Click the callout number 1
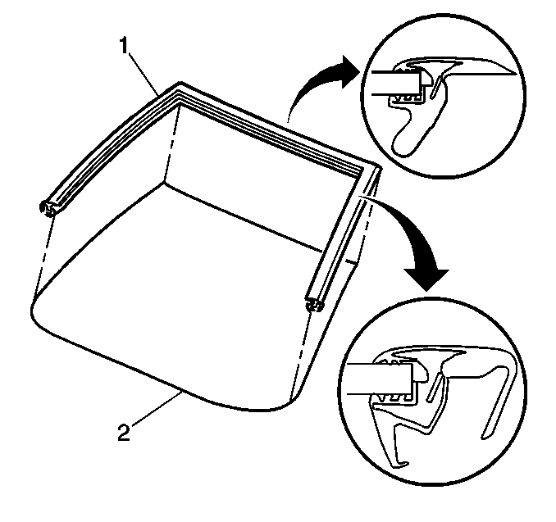(x=123, y=47)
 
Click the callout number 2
(x=124, y=433)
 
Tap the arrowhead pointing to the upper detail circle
(x=349, y=72)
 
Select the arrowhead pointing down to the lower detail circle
(x=426, y=279)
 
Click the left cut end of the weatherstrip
(x=48, y=208)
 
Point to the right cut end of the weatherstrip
(x=314, y=305)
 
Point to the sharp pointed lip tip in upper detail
(x=514, y=75)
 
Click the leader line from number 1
(x=144, y=74)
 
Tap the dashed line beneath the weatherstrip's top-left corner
(x=172, y=144)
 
